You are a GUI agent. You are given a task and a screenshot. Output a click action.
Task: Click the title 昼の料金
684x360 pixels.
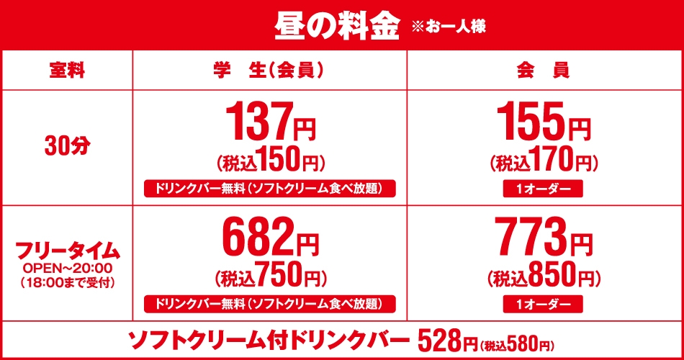336,26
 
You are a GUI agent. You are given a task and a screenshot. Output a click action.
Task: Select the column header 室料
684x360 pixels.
67,71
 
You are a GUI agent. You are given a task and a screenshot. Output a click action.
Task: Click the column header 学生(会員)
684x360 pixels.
267,71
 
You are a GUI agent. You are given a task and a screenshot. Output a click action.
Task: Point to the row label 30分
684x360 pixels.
66,146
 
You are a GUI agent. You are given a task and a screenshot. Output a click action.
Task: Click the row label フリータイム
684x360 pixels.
67,250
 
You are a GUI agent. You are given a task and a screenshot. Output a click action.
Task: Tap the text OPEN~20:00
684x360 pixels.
67,268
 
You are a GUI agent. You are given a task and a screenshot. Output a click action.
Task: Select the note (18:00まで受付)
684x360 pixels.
67,281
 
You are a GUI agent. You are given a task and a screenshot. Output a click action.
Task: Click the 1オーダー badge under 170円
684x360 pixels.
544,189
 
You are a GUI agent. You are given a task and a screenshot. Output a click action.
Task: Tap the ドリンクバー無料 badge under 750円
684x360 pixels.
270,303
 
